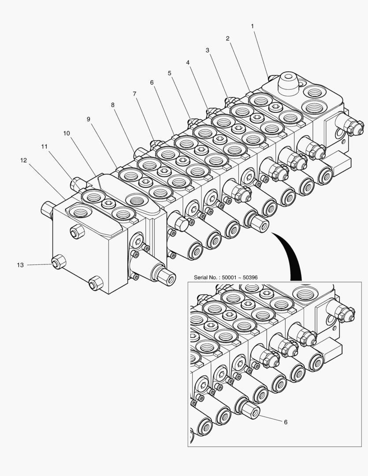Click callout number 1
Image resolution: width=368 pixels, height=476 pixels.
click(x=253, y=26)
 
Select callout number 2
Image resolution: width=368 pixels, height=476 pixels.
click(x=227, y=38)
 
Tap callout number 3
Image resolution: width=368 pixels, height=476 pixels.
click(x=207, y=50)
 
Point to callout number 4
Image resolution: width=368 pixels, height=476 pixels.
click(x=188, y=63)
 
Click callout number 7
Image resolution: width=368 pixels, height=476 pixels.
click(x=134, y=94)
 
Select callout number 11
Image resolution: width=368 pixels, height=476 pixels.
click(x=44, y=146)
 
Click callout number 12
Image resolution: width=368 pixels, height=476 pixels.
click(x=23, y=160)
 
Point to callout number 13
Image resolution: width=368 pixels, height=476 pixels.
click(x=20, y=265)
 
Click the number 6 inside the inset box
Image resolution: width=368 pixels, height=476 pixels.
click(x=285, y=422)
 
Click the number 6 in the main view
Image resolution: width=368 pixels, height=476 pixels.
click(x=152, y=82)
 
